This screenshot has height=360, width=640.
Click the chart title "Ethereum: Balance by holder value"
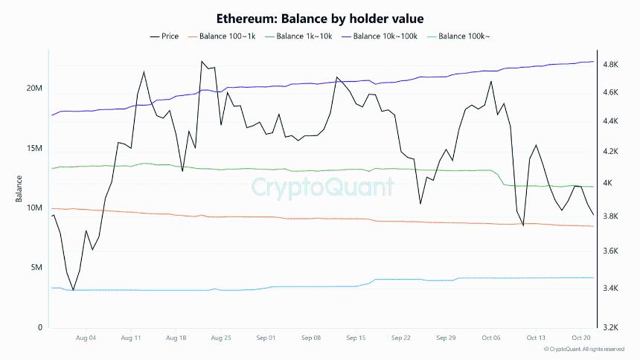pos(319,18)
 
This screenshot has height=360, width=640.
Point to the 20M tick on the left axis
pos(34,89)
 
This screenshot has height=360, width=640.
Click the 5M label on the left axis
pos(36,268)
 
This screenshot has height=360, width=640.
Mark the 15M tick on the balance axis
pos(34,149)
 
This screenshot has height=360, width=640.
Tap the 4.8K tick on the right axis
pos(610,65)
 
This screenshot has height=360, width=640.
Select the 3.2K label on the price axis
pos(610,327)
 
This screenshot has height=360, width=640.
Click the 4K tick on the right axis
pos(607,183)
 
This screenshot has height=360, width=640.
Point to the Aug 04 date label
pos(86,338)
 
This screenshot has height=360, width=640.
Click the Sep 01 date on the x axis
pos(266,338)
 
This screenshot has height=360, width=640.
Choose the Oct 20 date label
pos(580,338)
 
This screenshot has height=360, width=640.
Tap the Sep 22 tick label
pos(401,338)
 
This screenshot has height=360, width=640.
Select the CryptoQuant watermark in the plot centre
pos(321,187)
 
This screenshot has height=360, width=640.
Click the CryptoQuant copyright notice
pos(584,349)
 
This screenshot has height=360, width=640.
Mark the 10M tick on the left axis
pos(34,208)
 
